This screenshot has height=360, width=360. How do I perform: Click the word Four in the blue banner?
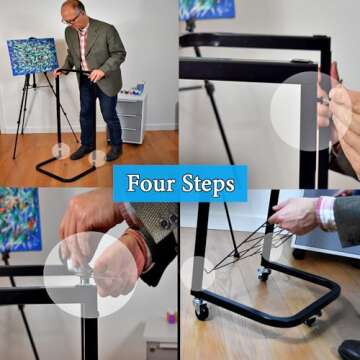[x=151, y=183]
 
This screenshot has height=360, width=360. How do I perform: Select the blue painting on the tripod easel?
[x=33, y=56]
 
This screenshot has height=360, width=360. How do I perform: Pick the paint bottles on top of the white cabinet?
[x=133, y=90]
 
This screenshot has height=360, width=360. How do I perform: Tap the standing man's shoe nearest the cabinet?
[x=114, y=152]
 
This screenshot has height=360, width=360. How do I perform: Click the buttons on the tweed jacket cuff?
[x=169, y=221]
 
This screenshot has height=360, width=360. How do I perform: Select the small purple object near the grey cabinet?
[x=171, y=317]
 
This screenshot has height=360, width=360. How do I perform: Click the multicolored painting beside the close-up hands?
[x=21, y=220]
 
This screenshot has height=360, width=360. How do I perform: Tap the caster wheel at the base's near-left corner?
[x=201, y=309]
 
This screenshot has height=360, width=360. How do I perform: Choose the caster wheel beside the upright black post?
[x=264, y=273]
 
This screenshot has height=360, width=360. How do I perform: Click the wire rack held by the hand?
[x=248, y=247]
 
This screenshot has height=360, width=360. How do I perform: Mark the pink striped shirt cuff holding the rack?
[x=326, y=213]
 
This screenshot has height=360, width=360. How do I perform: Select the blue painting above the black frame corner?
[x=207, y=9]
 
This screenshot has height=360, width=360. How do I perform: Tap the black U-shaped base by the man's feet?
[x=67, y=170]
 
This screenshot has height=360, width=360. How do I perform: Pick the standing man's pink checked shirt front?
[x=84, y=46]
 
